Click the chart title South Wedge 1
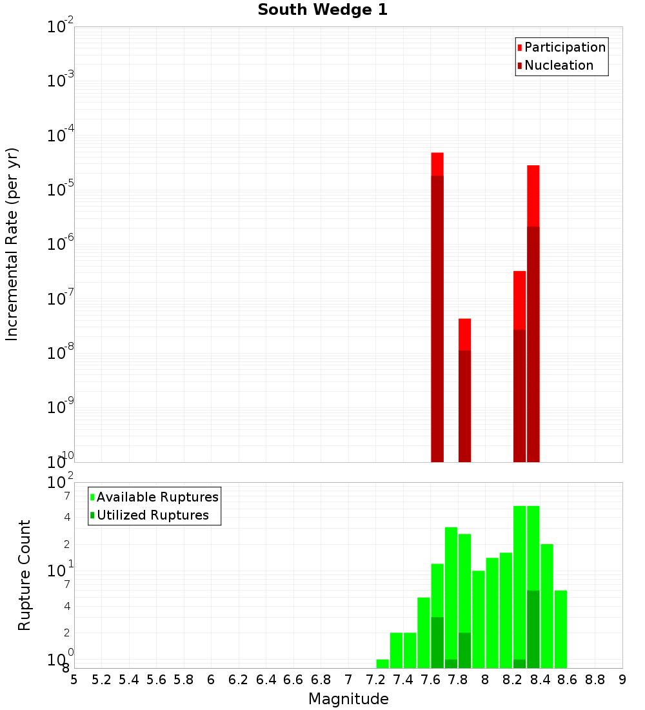(x=322, y=10)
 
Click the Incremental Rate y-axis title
(x=12, y=245)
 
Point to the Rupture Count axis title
(x=25, y=575)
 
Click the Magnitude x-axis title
(x=348, y=699)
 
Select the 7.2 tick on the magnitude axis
(x=376, y=679)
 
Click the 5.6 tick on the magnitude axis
(x=157, y=679)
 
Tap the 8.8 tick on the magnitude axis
(x=595, y=679)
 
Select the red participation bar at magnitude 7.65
(x=437, y=164)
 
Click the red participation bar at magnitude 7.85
(x=465, y=334)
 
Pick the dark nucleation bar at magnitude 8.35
(x=533, y=342)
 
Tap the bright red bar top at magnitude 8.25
(x=520, y=300)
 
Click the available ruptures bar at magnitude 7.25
(x=382, y=664)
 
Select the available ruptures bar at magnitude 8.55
(x=561, y=629)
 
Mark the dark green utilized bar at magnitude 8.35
(x=533, y=629)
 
